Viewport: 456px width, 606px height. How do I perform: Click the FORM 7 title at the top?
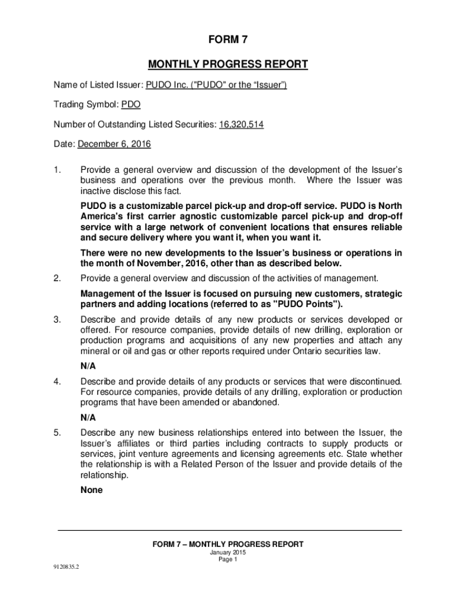(x=228, y=40)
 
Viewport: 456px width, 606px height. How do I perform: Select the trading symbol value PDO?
(x=131, y=105)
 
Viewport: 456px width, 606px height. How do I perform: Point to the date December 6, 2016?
(x=114, y=144)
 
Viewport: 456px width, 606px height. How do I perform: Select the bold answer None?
(x=92, y=490)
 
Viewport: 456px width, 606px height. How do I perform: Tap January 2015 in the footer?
(x=228, y=552)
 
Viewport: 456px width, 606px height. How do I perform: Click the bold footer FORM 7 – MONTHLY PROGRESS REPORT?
(x=228, y=544)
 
